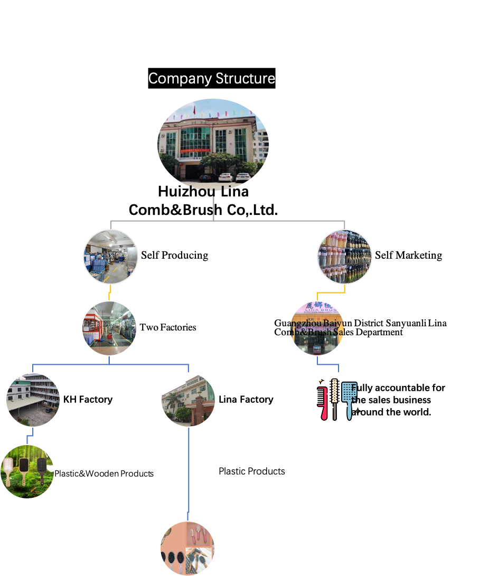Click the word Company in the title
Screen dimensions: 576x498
tap(174, 79)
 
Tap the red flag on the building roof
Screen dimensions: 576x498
tap(194, 111)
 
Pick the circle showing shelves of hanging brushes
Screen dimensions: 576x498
tap(344, 257)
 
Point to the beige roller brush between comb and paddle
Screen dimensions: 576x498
tap(334, 398)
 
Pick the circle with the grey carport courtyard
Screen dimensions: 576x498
tap(33, 400)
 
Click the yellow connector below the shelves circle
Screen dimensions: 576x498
tap(331, 291)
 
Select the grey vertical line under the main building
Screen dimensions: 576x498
tap(213, 208)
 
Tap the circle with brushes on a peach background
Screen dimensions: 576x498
tap(187, 549)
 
